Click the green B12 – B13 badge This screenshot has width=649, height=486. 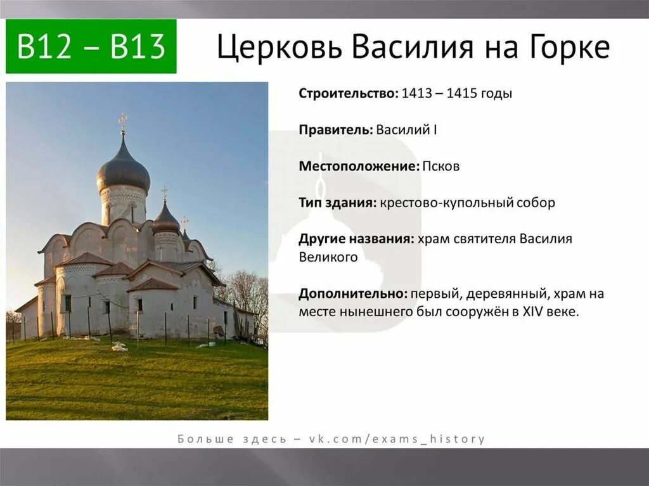coord(91,47)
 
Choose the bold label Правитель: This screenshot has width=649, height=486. coord(335,130)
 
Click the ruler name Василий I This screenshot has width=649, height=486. coord(406,130)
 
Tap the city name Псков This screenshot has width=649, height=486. coord(441,167)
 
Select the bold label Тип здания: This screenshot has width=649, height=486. coord(338,203)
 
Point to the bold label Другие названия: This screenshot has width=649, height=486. coord(357,240)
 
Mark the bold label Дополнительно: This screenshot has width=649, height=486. coord(352,294)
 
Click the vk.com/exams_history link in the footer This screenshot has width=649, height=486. coord(397,438)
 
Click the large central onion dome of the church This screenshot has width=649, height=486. coord(123,169)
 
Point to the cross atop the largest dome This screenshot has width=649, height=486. coord(122,122)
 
